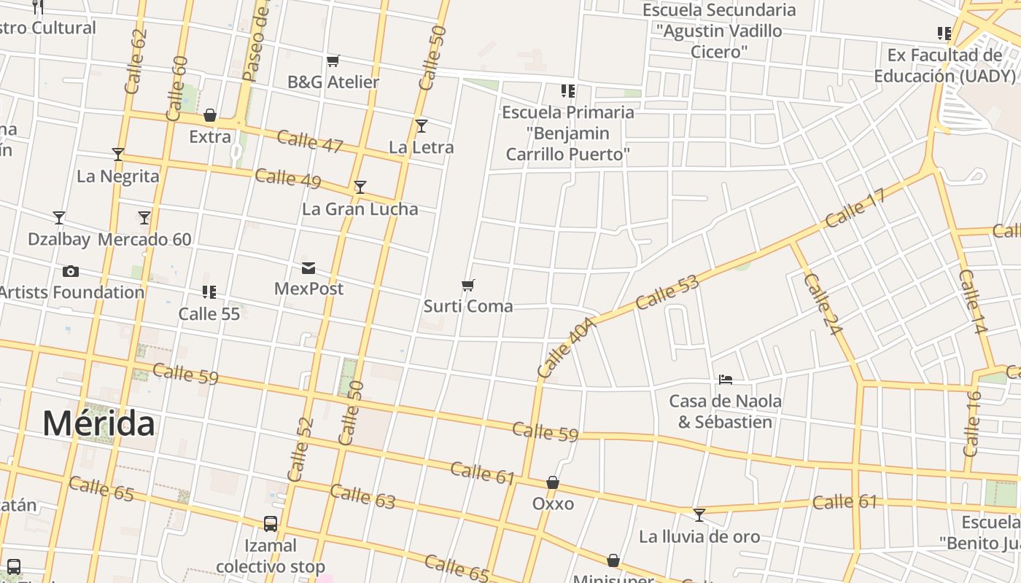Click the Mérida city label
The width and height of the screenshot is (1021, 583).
(x=98, y=423)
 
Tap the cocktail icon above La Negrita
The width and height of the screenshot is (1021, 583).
(x=118, y=154)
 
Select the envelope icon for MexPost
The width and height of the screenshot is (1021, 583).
(x=308, y=268)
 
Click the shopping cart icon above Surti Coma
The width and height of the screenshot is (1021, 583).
(x=468, y=285)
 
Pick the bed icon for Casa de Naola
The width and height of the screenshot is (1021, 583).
(x=725, y=380)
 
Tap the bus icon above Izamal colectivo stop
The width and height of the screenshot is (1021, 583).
(x=271, y=523)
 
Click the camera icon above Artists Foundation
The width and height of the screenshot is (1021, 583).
(x=70, y=272)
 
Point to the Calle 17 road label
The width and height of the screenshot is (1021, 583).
(x=856, y=208)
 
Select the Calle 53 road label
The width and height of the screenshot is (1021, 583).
(x=667, y=291)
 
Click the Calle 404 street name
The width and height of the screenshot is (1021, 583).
(x=567, y=347)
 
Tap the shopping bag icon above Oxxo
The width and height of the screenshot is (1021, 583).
(x=553, y=482)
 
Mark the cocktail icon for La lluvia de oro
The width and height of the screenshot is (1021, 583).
(x=699, y=515)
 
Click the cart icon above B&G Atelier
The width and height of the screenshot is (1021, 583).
(x=333, y=60)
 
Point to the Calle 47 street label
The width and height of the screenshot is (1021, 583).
(x=310, y=141)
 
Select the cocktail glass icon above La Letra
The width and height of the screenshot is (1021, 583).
(x=422, y=126)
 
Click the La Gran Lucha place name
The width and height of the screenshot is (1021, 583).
(x=360, y=209)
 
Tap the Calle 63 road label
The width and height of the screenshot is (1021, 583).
(x=362, y=496)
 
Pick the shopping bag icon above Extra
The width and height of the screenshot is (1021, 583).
(x=210, y=115)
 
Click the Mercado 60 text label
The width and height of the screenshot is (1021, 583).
(x=144, y=239)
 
